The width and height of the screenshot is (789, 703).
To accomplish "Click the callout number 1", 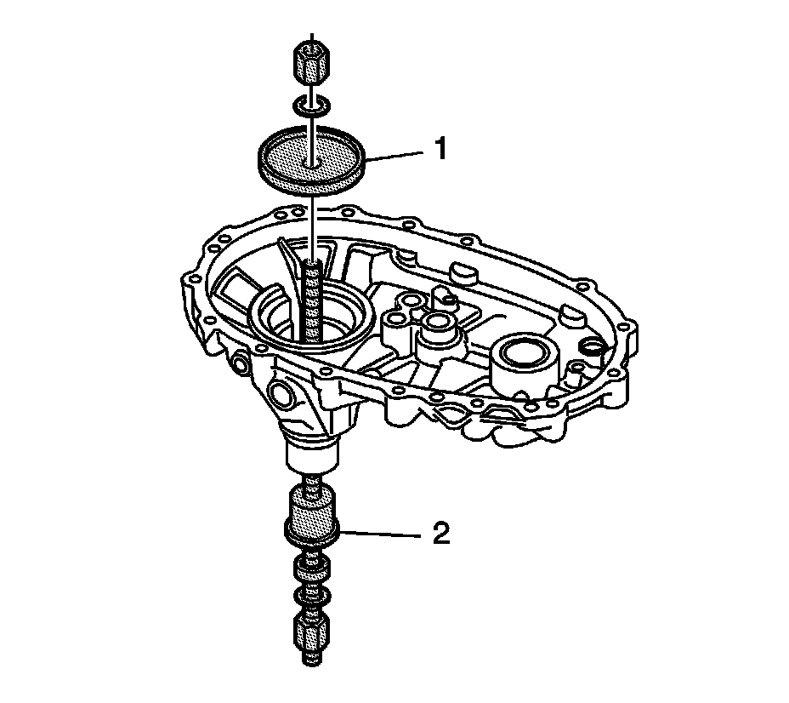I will [x=440, y=150].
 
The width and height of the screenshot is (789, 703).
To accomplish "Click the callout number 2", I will [x=440, y=534].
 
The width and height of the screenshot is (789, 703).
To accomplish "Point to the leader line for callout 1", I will [x=395, y=154].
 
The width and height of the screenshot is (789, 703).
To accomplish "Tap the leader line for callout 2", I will [x=383, y=534].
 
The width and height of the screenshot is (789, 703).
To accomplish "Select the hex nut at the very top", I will [x=311, y=60].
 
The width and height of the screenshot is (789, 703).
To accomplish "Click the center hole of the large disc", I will [x=312, y=159].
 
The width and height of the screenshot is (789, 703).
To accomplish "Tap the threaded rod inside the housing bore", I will [x=311, y=298].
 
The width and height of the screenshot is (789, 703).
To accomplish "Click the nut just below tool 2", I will [x=311, y=568].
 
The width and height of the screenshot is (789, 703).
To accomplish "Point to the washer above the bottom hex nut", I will [x=311, y=594].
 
